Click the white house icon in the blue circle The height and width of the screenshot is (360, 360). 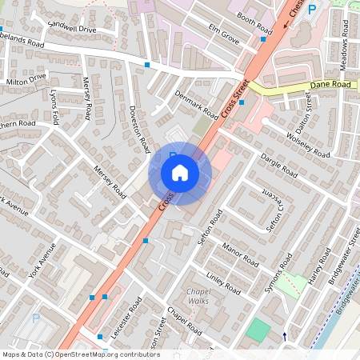coord(180,173)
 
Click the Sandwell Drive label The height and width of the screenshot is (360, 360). coord(71,29)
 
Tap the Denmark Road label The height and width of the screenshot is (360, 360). coord(196,102)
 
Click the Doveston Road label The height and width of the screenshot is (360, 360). coord(139,129)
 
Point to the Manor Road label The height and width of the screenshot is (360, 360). coord(241,256)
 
